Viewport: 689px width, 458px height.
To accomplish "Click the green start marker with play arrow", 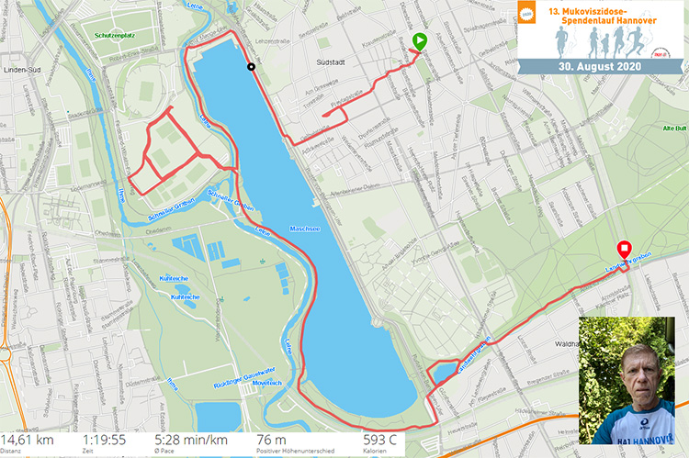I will (419, 41).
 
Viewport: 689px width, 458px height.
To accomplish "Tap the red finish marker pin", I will (624, 249).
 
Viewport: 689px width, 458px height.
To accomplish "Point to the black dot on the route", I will (251, 66).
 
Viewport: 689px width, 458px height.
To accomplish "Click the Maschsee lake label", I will (303, 228).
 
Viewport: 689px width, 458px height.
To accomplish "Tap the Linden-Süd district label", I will (25, 69).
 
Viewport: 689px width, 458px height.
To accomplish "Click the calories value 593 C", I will (378, 441).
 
